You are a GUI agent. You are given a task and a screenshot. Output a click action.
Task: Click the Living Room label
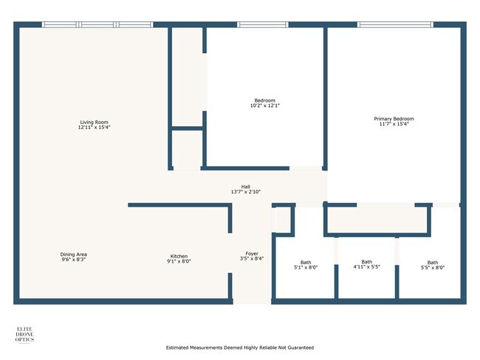(x=95, y=122)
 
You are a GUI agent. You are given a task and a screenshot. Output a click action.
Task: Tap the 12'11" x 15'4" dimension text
(x=95, y=128)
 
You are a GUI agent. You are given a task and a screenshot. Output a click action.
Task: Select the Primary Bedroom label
(x=394, y=119)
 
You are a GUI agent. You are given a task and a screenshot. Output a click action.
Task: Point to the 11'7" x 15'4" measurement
(x=394, y=125)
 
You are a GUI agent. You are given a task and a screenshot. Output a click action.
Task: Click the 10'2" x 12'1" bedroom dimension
(x=265, y=106)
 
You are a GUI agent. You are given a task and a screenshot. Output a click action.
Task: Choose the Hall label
(x=245, y=187)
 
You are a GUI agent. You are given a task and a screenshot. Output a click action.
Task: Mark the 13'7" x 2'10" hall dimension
(x=245, y=193)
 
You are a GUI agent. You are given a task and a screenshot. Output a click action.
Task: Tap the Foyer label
(x=251, y=253)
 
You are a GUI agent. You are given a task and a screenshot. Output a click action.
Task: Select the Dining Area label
(x=74, y=255)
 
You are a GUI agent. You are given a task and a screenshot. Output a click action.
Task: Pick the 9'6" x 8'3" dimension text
(x=74, y=260)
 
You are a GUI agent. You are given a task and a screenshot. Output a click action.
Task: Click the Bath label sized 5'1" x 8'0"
(x=306, y=263)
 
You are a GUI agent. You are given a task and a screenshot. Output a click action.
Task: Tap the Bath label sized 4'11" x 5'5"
(x=366, y=261)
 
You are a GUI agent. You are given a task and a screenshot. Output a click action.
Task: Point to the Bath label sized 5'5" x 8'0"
(x=432, y=263)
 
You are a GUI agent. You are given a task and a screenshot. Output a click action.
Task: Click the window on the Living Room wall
(x=97, y=25)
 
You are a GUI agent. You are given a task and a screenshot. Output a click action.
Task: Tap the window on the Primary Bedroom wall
(x=395, y=25)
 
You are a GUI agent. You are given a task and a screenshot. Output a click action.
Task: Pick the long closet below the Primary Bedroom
(x=377, y=220)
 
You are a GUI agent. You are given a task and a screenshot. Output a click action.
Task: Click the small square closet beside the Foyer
(x=281, y=220)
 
